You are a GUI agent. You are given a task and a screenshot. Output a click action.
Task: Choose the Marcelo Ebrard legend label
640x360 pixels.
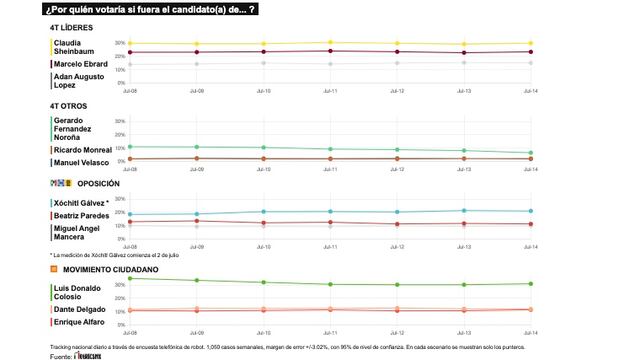[81, 65]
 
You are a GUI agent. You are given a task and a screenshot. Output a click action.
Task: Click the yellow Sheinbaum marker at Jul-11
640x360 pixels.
[330, 43]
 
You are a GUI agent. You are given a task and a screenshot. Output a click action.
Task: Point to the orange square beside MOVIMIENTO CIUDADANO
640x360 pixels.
[54, 269]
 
